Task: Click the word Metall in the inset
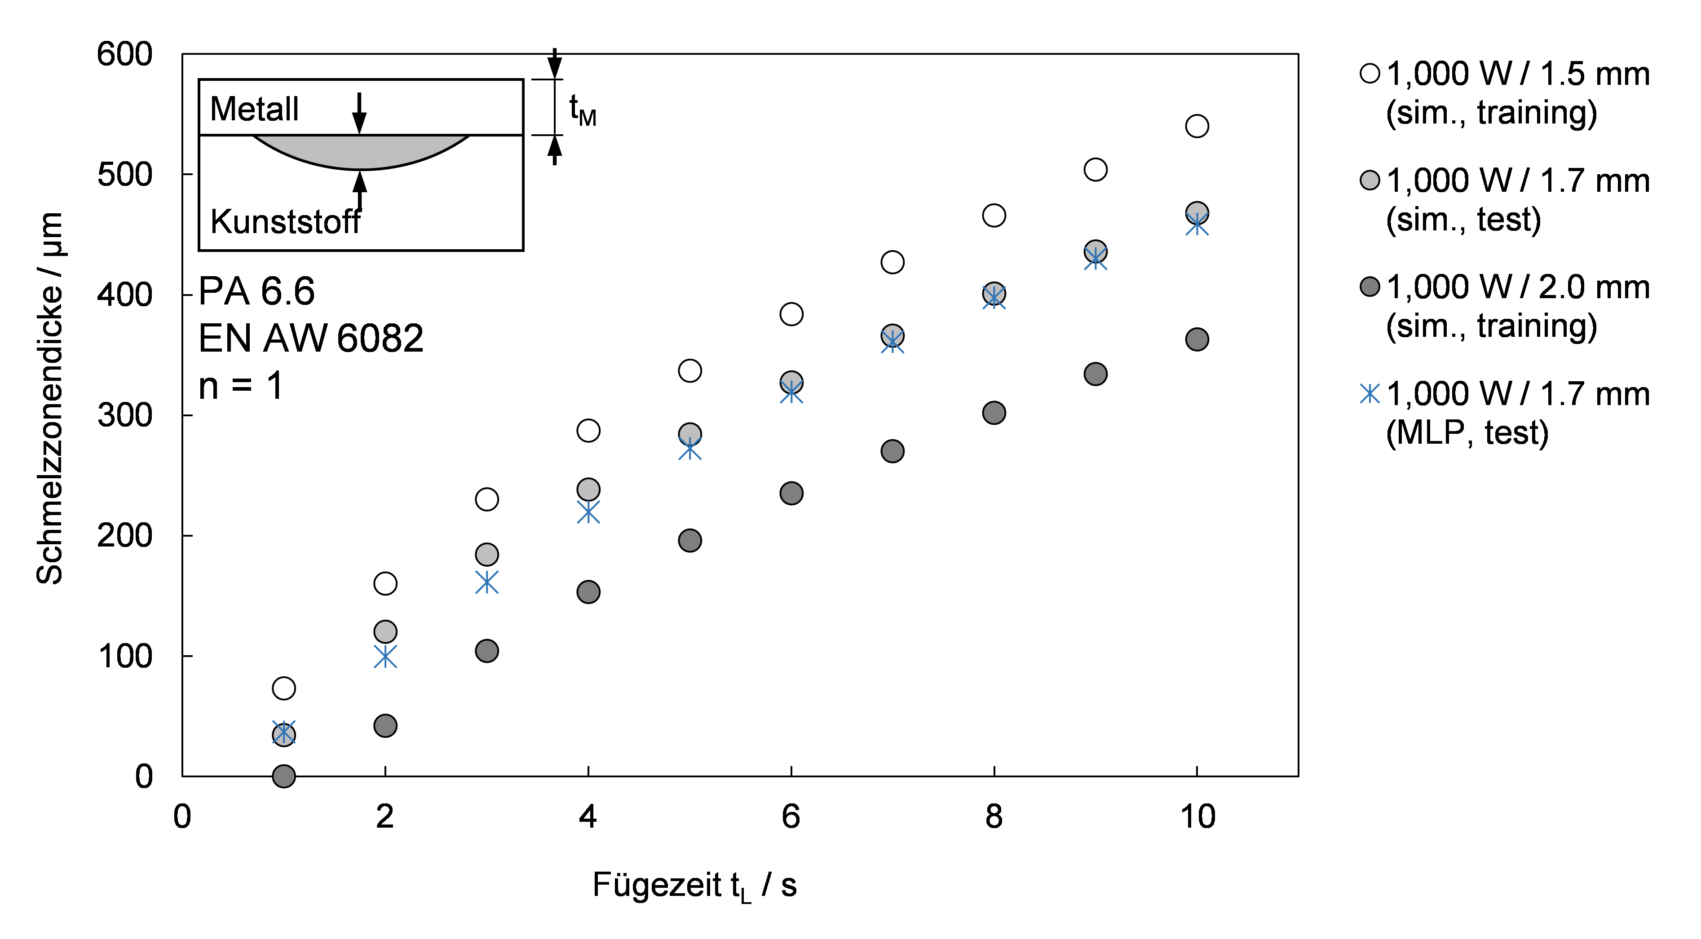pos(254,109)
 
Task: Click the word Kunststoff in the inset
pos(285,222)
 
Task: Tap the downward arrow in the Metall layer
pos(359,114)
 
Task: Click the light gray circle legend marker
pos(1370,180)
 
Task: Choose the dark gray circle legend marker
pos(1370,287)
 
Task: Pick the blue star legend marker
pos(1370,393)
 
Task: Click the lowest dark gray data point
pos(284,776)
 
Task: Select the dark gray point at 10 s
pos(1197,339)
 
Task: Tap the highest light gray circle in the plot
pos(1197,212)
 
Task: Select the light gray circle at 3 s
pos(486,554)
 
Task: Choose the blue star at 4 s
pos(588,512)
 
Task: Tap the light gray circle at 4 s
pos(588,489)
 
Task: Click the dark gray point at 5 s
pos(690,541)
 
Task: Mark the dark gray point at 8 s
pos(994,413)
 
